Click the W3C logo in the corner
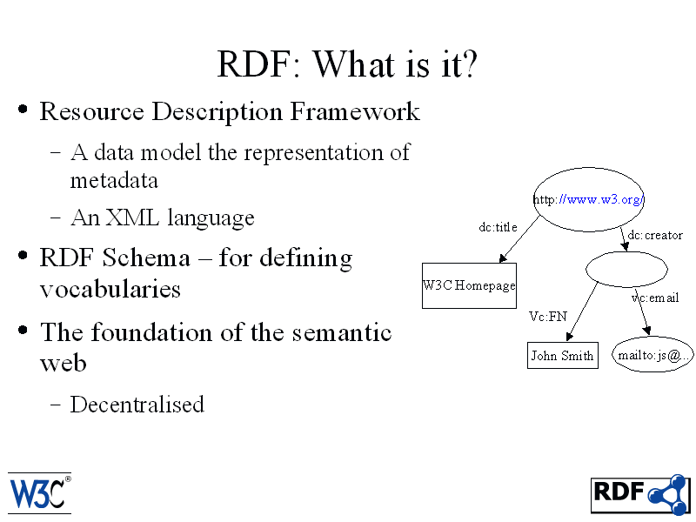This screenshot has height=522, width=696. [39, 493]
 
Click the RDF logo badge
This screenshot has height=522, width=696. [640, 494]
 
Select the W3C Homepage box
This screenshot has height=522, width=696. [469, 285]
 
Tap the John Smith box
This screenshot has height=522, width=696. [562, 355]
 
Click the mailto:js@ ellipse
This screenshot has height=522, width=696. [652, 355]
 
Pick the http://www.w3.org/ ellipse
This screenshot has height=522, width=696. [589, 199]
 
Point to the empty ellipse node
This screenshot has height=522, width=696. [626, 269]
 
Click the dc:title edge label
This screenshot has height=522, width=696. [498, 227]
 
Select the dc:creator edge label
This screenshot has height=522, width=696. [655, 235]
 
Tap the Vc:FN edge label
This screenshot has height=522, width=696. [548, 317]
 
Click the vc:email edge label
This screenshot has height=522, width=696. [655, 298]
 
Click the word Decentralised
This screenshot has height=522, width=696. [137, 405]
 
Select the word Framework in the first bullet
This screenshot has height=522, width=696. [355, 111]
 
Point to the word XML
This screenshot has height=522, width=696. [132, 217]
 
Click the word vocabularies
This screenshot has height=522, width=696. [110, 289]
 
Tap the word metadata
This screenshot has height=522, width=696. [114, 181]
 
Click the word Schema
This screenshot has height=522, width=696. [146, 258]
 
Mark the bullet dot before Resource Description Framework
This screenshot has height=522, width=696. [23, 110]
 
